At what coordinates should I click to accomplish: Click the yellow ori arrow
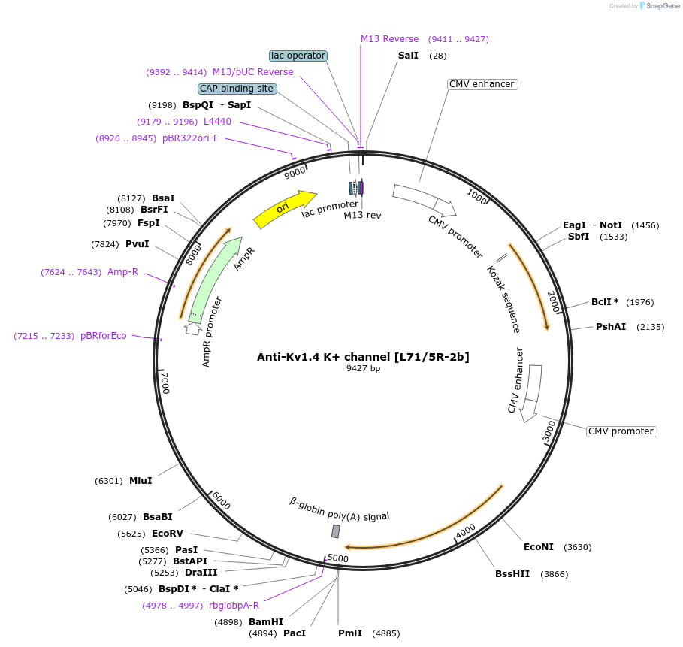285,208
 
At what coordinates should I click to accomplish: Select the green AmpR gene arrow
216,278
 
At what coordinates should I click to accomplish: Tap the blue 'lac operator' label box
298,56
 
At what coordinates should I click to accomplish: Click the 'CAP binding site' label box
237,89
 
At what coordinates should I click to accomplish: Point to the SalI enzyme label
408,56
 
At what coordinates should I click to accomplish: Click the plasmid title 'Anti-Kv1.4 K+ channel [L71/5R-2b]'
363,357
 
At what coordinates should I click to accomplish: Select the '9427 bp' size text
363,368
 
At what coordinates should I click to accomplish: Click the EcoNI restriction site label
538,547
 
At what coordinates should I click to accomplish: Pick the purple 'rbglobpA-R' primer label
234,606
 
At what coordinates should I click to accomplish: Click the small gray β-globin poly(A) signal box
336,531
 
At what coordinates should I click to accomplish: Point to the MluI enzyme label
141,481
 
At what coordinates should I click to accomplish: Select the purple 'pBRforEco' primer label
104,336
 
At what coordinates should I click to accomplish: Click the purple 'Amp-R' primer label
122,272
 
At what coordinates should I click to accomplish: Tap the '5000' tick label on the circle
337,558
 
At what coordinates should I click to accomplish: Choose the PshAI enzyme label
610,327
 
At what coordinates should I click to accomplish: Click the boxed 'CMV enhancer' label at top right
481,84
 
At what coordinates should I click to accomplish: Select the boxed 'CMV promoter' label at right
621,431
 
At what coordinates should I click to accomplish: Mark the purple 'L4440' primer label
217,122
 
